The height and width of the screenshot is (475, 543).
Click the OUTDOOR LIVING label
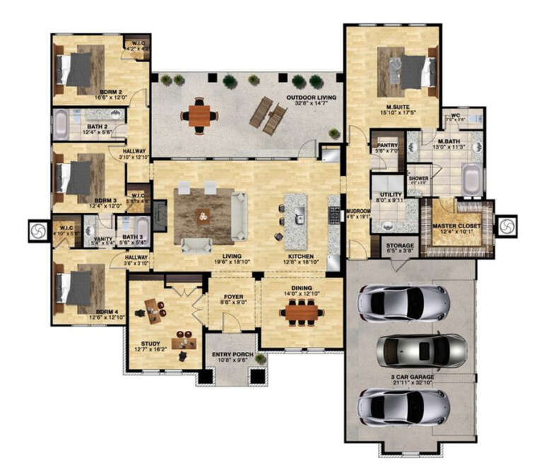[x=310, y=98]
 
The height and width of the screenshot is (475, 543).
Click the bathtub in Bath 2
[x=62, y=124]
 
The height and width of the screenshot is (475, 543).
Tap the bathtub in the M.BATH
[x=472, y=178]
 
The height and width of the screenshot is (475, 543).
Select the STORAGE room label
[x=400, y=245]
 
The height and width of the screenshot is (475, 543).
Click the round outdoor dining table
[x=199, y=115]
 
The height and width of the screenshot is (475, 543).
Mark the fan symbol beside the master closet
[x=506, y=225]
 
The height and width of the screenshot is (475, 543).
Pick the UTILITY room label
[x=388, y=195]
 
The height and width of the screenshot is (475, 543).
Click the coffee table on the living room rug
[x=204, y=215]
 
